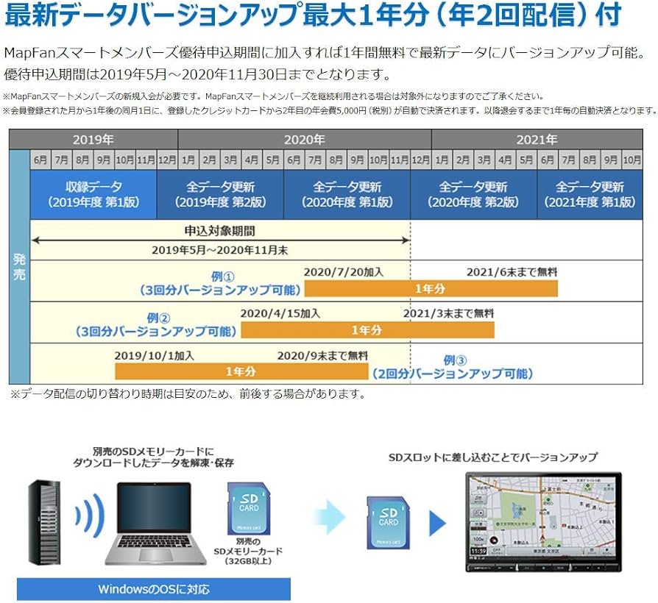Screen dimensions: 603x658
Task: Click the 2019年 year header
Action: pos(93,140)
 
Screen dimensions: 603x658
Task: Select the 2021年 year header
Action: pos(537,140)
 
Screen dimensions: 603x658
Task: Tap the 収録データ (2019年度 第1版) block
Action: pos(93,194)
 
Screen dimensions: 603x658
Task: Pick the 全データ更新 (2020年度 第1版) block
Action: pos(347,194)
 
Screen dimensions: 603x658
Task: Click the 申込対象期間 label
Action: pos(219,230)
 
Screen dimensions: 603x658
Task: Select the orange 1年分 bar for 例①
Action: pos(431,288)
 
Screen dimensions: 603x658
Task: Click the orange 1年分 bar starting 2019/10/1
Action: pos(241,371)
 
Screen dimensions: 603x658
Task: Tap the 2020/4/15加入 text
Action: pos(280,313)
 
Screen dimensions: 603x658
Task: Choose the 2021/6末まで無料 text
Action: pos(512,271)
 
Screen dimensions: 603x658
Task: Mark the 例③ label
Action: pos(455,360)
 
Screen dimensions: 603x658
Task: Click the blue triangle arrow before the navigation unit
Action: pos(438,523)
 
